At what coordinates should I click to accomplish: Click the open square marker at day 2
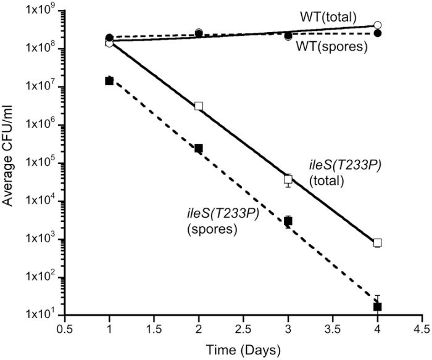[199, 106]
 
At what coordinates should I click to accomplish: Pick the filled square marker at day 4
[378, 306]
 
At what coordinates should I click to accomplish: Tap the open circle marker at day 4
[378, 25]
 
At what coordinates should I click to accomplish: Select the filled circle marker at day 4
[378, 33]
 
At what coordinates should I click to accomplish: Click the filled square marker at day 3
[288, 221]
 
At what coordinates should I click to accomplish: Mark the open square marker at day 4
[378, 243]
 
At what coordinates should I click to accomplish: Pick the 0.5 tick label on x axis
[64, 330]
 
